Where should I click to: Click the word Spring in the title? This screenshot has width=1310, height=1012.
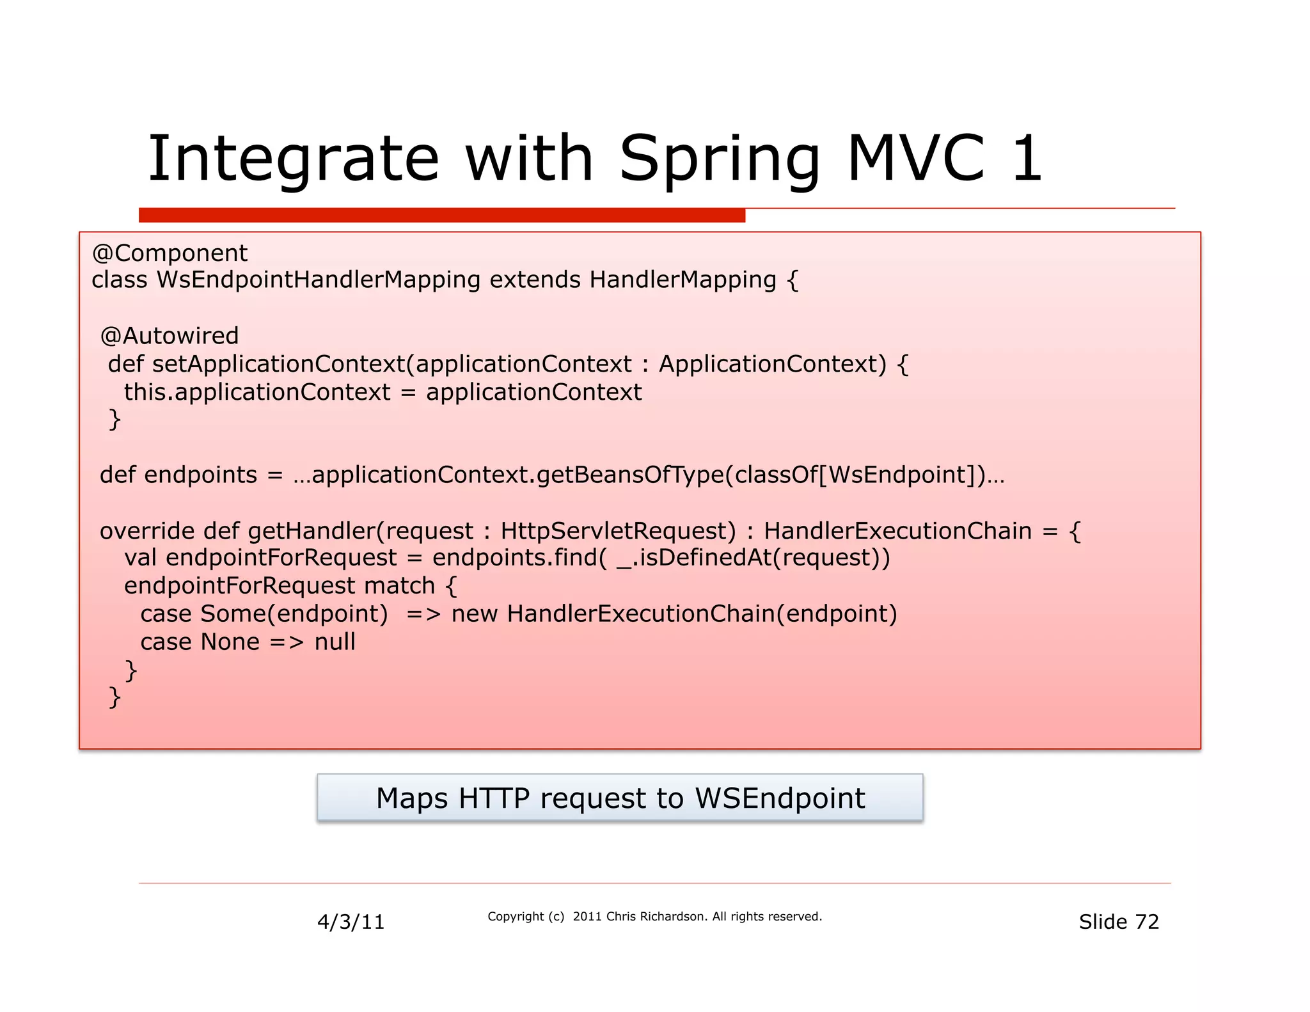click(x=720, y=160)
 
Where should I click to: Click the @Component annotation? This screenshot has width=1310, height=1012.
click(x=170, y=253)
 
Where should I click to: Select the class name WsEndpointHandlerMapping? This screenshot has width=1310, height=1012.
click(x=319, y=280)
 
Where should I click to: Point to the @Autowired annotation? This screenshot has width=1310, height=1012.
click(x=170, y=336)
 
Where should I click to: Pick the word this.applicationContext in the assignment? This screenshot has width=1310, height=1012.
click(x=256, y=392)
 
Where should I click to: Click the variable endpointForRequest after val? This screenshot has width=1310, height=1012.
click(x=281, y=558)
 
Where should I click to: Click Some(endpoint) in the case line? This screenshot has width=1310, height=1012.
click(x=294, y=614)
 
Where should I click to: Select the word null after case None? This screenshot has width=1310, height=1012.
click(x=335, y=642)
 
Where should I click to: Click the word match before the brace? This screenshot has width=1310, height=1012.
click(x=399, y=586)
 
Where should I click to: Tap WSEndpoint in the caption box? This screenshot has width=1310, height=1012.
click(x=780, y=798)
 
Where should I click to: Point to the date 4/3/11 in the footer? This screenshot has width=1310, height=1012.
click(x=351, y=922)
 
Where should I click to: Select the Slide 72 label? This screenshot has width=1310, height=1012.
click(x=1119, y=922)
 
